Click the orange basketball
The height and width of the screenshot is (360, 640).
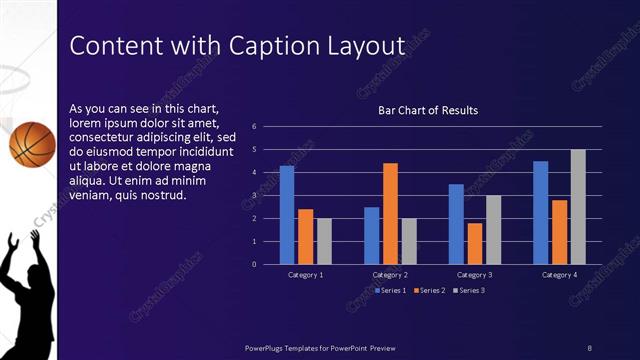pyautogui.click(x=31, y=142)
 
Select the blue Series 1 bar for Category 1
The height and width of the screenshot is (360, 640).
pyautogui.click(x=287, y=215)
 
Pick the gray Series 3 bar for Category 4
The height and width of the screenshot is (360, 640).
pyautogui.click(x=578, y=207)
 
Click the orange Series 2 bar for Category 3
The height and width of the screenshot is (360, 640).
pyautogui.click(x=475, y=243)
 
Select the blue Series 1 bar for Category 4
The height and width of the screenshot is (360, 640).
pyautogui.click(x=541, y=212)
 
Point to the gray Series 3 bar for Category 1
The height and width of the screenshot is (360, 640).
pyautogui.click(x=324, y=241)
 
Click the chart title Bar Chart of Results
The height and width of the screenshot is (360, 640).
pyautogui.click(x=427, y=110)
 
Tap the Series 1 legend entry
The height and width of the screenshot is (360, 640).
pyautogui.click(x=389, y=290)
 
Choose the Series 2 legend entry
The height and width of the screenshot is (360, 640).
pyautogui.click(x=427, y=290)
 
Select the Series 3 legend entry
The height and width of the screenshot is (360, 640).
pyautogui.click(x=467, y=290)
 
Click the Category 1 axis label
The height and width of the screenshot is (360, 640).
pyautogui.click(x=305, y=274)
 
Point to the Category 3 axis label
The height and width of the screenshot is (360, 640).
pyautogui.click(x=474, y=274)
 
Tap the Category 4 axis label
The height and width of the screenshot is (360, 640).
pyautogui.click(x=559, y=274)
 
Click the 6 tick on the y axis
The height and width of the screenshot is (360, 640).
pyautogui.click(x=255, y=127)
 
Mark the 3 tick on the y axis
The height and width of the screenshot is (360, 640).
pyautogui.click(x=255, y=195)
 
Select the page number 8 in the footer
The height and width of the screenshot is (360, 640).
pyautogui.click(x=590, y=347)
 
